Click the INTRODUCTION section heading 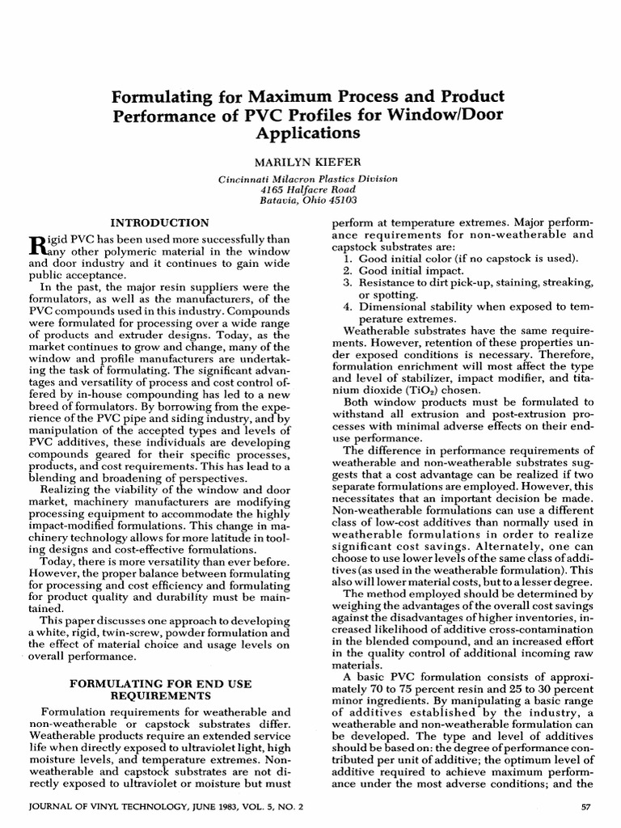point(158,222)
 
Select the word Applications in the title point(310,133)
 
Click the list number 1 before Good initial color point(347,258)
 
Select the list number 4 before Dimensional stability point(347,306)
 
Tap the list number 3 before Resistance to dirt point(347,282)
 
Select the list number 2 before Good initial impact point(347,270)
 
